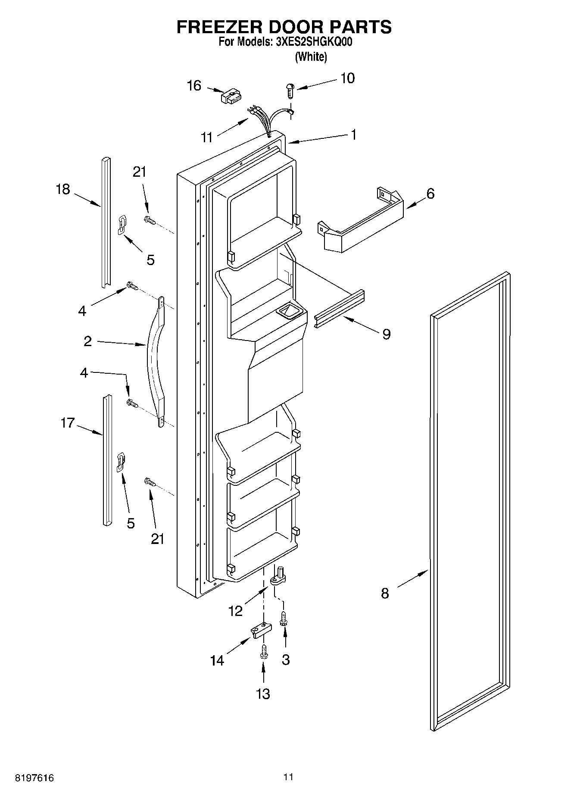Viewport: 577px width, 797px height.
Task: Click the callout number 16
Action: (194, 86)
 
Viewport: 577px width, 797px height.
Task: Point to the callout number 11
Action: (207, 138)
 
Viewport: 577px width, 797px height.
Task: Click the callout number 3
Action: (286, 659)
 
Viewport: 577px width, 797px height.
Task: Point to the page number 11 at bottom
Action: (288, 777)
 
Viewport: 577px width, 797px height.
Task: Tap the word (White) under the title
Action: (311, 56)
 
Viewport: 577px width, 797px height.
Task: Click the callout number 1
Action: (353, 135)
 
